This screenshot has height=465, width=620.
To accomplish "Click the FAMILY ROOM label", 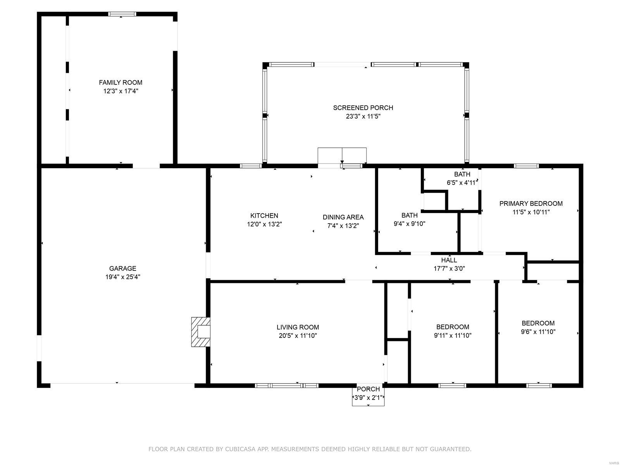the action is coord(121,83).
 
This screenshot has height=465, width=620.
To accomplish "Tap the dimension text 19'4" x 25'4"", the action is coord(122,277).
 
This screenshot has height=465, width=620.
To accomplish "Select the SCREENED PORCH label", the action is coord(363,108).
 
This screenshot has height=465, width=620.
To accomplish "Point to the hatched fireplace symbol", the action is coord(201,332).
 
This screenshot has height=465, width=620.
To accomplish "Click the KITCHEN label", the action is coord(264,216).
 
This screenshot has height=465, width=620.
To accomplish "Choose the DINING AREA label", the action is coord(343,217).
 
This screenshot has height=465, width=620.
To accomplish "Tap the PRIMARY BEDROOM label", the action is coord(531,203).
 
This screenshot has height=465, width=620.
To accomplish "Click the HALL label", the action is coord(449,260).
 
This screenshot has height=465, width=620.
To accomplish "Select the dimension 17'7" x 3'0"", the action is coord(449,269).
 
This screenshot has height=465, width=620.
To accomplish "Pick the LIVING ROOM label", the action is coord(298,327).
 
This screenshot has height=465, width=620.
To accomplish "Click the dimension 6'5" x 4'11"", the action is coord(462,183).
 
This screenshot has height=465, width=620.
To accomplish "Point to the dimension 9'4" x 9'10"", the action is coord(409,224).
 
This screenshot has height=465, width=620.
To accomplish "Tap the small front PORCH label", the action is coord(368,389).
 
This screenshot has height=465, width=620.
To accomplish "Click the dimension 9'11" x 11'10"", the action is coord(453,336).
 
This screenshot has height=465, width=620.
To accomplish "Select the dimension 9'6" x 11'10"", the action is coord(538,332).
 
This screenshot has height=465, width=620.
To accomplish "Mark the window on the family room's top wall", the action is coord(122,14).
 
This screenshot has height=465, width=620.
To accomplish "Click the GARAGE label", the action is coord(122,269).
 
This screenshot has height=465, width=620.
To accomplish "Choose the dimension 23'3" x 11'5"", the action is coord(363,116).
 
